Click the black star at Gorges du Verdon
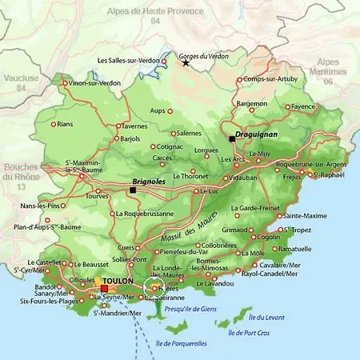[x=186, y=63]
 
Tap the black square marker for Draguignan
[x=232, y=139]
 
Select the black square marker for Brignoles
[x=132, y=190]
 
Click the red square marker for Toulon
[x=103, y=289]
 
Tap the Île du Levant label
[x=266, y=318]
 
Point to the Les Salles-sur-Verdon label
[x=128, y=60]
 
